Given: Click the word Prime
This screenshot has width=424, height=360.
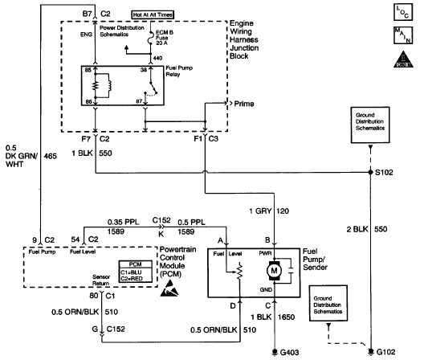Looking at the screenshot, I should click(246, 104).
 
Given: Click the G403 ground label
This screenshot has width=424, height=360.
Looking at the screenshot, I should click(289, 350).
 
